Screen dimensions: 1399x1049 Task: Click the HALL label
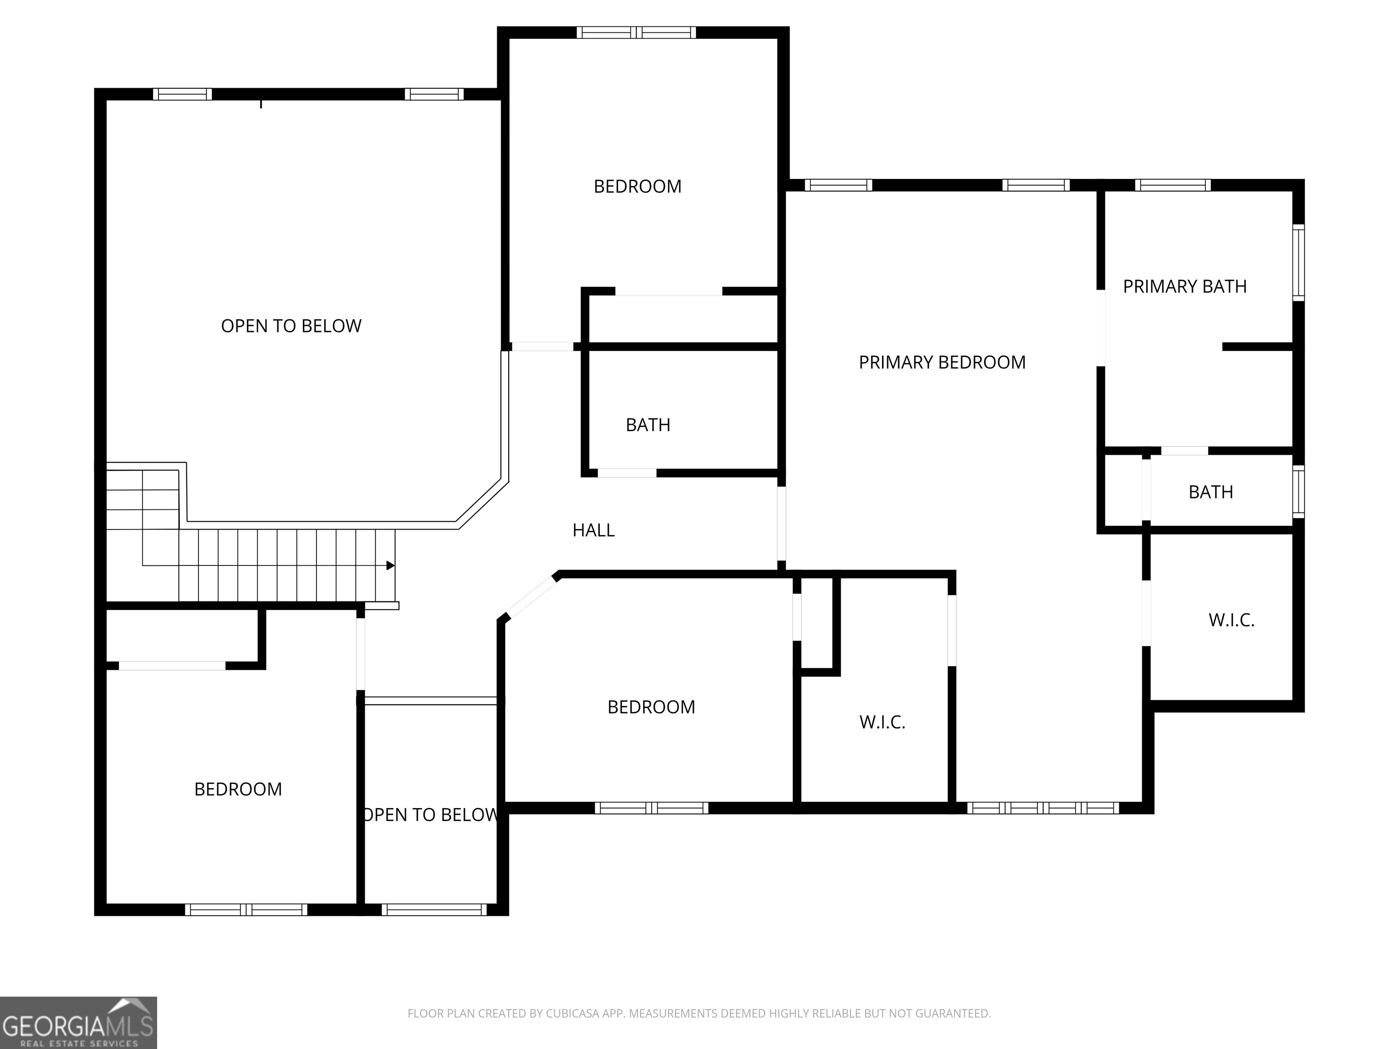[593, 530]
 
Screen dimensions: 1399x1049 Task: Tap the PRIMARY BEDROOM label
[942, 362]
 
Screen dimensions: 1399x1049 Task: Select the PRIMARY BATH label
[1185, 286]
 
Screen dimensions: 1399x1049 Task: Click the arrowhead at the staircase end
[391, 565]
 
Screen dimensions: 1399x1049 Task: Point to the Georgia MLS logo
[78, 1023]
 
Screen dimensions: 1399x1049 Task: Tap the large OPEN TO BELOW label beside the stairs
[291, 326]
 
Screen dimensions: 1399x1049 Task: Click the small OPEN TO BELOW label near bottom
[430, 815]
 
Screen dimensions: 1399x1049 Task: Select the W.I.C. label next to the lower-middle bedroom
[882, 722]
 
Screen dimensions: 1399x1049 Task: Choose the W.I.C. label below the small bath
[1231, 620]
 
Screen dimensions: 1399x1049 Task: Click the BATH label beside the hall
[648, 425]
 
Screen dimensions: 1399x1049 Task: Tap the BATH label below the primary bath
[1210, 492]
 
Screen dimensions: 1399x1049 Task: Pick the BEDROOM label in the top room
[638, 187]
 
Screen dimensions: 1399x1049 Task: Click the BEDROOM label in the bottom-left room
[238, 789]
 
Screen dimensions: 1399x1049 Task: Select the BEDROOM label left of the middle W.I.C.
[651, 707]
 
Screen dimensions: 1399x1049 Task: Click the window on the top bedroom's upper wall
[636, 32]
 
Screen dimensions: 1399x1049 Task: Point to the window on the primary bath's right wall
[1298, 262]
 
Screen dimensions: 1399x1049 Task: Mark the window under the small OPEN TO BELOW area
[434, 909]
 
